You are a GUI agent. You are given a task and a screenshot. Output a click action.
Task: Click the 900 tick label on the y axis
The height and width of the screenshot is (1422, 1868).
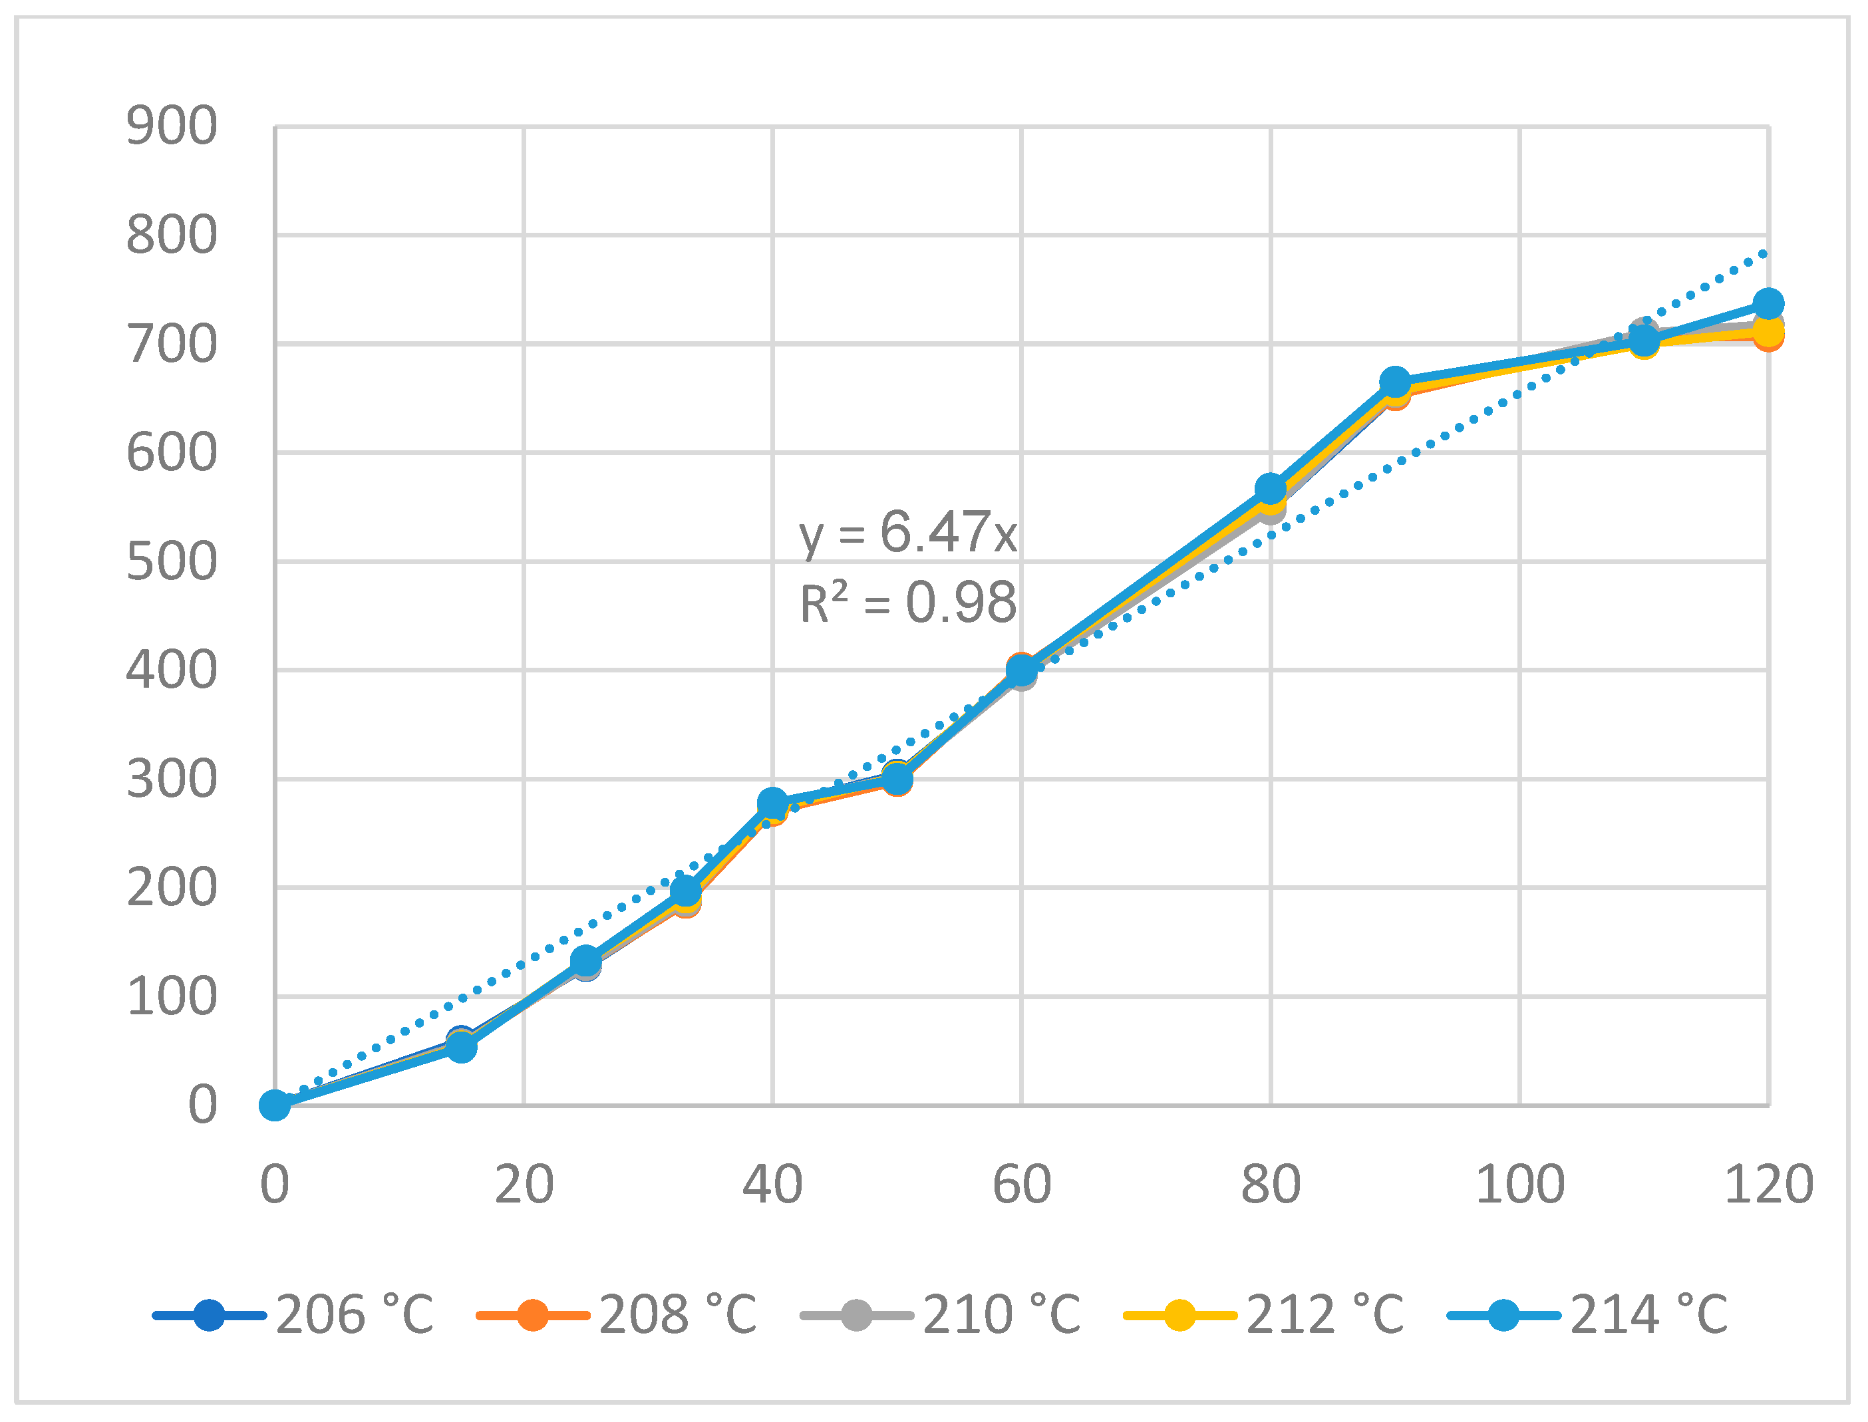(x=171, y=127)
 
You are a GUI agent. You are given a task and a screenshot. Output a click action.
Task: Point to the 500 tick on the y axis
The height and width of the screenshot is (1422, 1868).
(x=171, y=562)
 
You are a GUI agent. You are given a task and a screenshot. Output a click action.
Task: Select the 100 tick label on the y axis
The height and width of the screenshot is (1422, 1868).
(x=171, y=997)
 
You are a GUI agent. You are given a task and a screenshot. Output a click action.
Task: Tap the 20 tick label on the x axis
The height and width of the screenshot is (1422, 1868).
(x=524, y=1184)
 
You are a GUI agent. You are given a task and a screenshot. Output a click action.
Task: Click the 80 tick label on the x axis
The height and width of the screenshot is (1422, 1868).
(x=1271, y=1184)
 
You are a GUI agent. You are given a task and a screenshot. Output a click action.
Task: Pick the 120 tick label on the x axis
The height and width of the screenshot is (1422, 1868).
(x=1768, y=1184)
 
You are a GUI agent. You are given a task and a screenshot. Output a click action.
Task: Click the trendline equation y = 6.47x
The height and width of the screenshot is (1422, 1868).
(x=907, y=533)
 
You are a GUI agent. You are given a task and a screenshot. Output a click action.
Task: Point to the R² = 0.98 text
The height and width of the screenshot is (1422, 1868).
(x=907, y=603)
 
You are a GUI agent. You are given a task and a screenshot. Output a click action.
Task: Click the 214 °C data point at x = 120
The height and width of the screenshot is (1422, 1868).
(x=1768, y=303)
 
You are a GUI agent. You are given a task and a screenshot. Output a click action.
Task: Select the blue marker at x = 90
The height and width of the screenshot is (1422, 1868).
(x=1395, y=382)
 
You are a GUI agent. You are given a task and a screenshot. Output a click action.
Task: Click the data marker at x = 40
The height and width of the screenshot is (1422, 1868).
(x=772, y=802)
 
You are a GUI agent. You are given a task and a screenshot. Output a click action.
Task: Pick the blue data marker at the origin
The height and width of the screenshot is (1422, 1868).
(x=275, y=1105)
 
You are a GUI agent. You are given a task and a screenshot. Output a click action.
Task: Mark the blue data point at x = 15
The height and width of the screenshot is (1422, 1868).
(x=461, y=1047)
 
